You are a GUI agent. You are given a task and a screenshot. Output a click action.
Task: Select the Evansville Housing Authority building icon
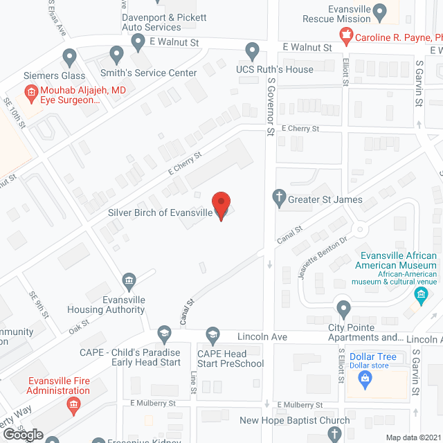pyautogui.click(x=129, y=280)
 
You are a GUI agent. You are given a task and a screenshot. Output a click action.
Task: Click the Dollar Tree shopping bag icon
pyautogui.click(x=363, y=379)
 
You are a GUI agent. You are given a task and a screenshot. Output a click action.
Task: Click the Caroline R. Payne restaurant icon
pyautogui.click(x=345, y=35)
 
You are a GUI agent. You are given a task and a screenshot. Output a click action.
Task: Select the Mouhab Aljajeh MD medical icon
pyautogui.click(x=30, y=91)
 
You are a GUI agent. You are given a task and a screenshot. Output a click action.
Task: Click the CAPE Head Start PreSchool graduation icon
pyautogui.click(x=213, y=334)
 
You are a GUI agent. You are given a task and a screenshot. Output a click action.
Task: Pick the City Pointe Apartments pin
pyautogui.click(x=343, y=308)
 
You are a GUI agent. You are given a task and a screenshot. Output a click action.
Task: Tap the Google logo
pyautogui.click(x=22, y=435)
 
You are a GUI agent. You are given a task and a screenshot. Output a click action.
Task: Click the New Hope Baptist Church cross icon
pyautogui.click(x=334, y=434)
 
